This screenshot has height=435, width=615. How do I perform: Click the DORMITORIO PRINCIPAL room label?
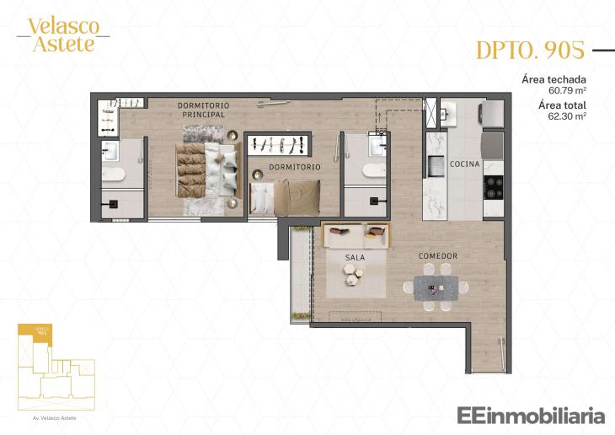(x=203, y=110)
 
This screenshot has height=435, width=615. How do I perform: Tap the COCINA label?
(x=465, y=163)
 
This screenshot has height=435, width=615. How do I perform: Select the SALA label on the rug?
(x=355, y=256)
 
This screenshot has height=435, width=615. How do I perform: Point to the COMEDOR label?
(x=438, y=256)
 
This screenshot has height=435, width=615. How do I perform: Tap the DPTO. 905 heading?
(x=530, y=51)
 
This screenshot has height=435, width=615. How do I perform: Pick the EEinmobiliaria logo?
(x=531, y=415)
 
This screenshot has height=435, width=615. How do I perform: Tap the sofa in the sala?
(x=356, y=234)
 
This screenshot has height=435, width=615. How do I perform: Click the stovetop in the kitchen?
(x=493, y=186)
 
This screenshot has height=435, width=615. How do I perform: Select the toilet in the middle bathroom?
(x=373, y=171)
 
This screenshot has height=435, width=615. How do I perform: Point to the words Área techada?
(x=553, y=79)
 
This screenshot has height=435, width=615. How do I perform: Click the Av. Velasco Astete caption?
(x=56, y=416)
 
